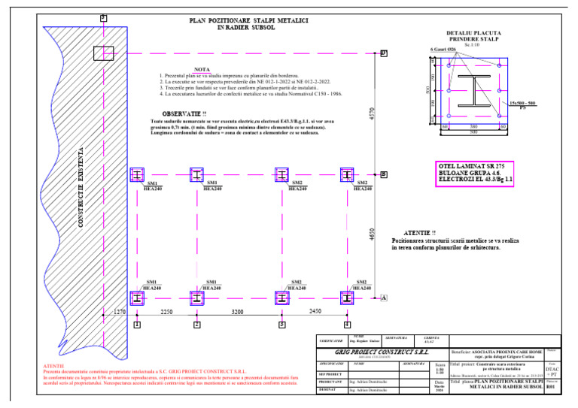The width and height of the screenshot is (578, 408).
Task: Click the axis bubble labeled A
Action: click(383, 298)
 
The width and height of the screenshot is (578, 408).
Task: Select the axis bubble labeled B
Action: click(383, 174)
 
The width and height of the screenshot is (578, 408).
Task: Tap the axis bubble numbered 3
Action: click(281, 325)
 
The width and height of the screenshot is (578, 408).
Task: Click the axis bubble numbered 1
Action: click(137, 325)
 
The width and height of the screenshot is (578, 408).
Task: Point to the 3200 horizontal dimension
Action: click(238, 310)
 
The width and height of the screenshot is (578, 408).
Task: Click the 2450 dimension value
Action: click(315, 310)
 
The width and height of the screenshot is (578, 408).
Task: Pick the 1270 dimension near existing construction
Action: click(120, 310)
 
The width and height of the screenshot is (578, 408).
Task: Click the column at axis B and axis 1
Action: click(137, 174)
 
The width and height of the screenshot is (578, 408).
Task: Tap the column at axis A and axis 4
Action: click(347, 298)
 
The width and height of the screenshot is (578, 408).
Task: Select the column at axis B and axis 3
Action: click(281, 174)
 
